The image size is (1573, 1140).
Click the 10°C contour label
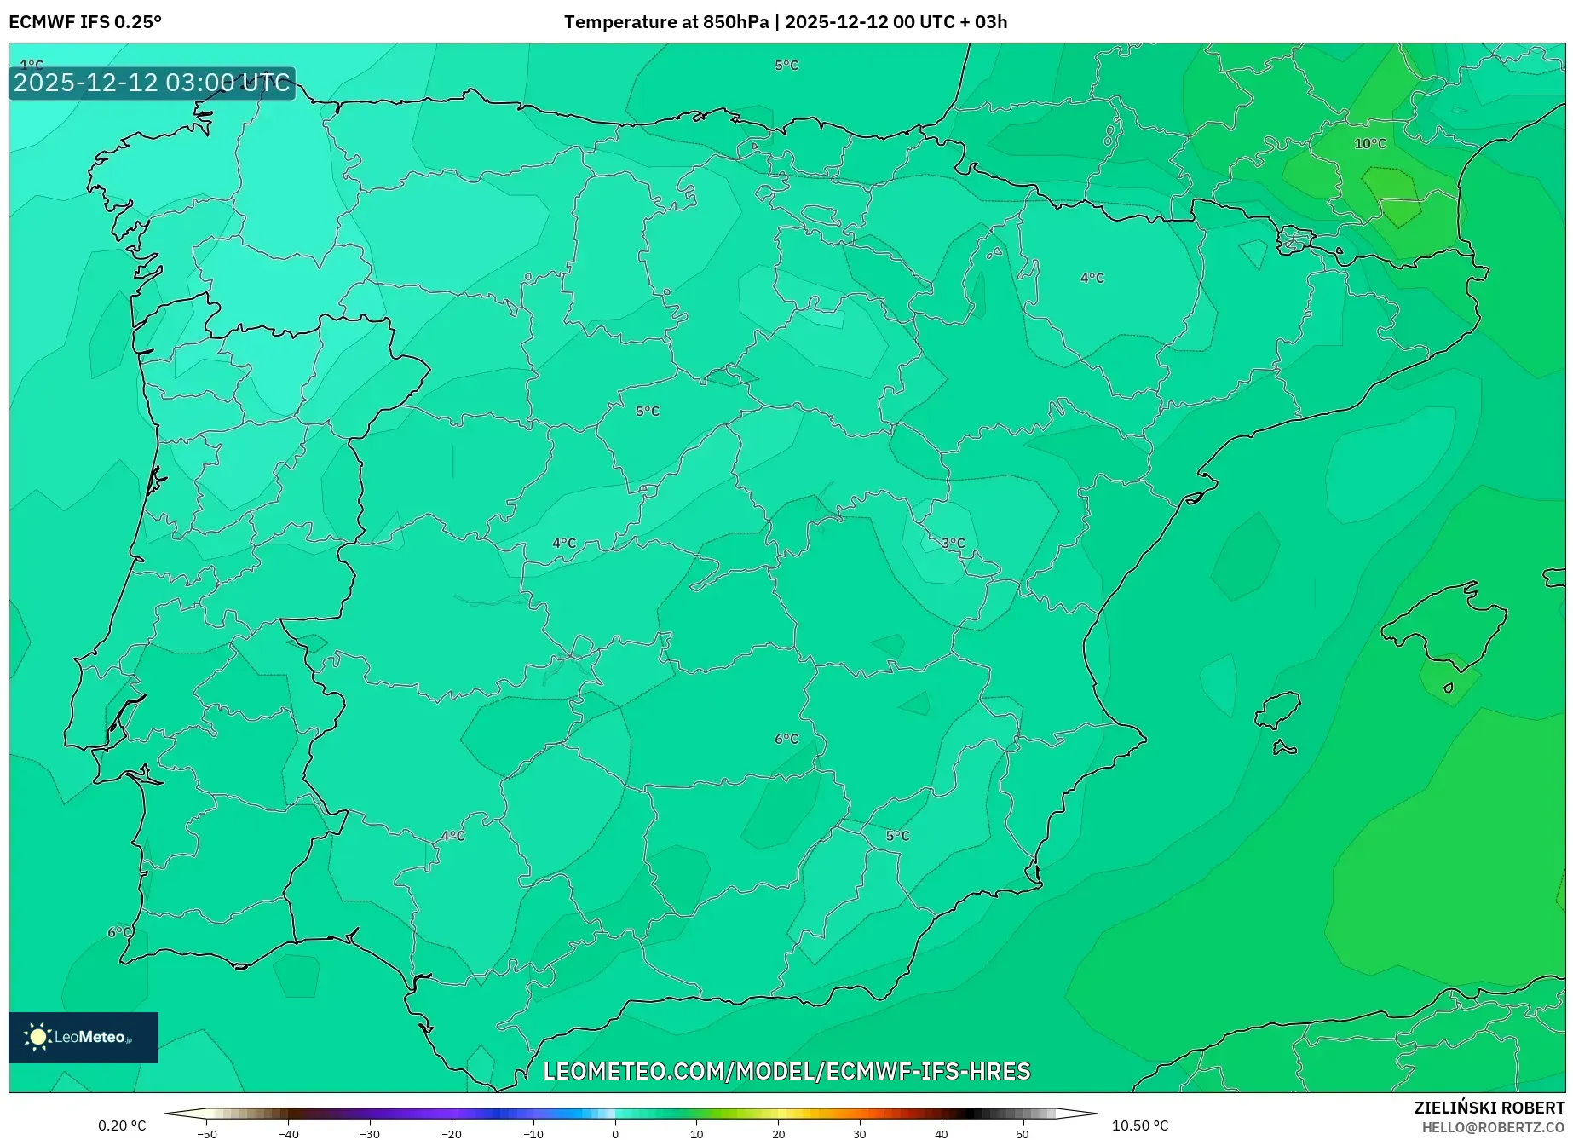(1370, 144)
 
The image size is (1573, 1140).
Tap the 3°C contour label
(953, 544)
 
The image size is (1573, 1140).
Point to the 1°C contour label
(32, 65)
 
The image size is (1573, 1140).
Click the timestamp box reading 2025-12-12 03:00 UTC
(152, 83)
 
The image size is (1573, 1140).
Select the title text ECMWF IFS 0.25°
(85, 22)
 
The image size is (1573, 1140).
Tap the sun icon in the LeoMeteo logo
(37, 1037)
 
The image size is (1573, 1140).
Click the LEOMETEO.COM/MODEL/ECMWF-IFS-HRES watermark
(786, 1071)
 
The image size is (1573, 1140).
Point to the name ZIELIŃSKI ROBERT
(1489, 1108)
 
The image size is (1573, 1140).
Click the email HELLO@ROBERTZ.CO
(1493, 1127)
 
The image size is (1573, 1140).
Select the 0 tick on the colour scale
(615, 1134)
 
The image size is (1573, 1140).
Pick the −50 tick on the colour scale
(206, 1134)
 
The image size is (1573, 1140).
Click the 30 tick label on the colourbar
(859, 1134)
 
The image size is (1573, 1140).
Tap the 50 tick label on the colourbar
(1022, 1134)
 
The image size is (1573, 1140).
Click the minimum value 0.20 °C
(122, 1126)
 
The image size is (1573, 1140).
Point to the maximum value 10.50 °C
(1140, 1126)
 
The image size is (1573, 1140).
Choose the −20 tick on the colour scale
(451, 1134)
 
